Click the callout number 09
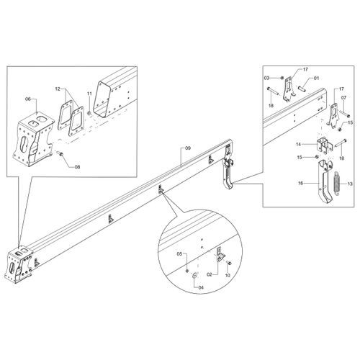point(188,148)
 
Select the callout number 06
point(28,99)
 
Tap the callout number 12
point(58,89)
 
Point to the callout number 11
point(89,94)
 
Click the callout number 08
point(77,167)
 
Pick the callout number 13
point(350,184)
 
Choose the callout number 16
point(300,183)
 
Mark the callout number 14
point(299,144)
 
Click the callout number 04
point(201,287)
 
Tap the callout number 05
point(180,253)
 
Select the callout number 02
point(210,275)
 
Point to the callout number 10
point(228,275)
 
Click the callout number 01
point(317,78)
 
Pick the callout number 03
point(267,78)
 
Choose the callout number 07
point(343,98)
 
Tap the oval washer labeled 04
point(194,275)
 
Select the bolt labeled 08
point(60,153)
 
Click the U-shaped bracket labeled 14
point(323,145)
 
